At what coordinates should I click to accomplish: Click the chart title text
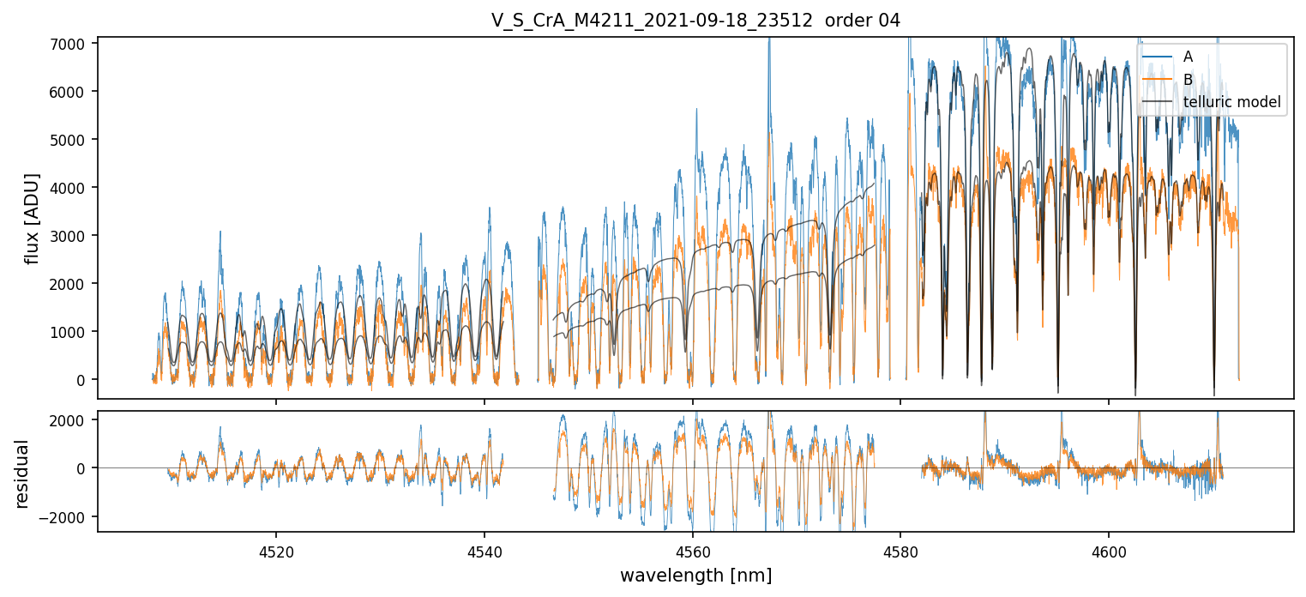tap(695, 21)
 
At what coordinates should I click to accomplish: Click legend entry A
tap(1188, 57)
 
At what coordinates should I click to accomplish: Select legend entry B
tap(1188, 80)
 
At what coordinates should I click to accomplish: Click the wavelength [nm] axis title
tap(695, 576)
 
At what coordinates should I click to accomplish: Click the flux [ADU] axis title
tap(33, 218)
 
